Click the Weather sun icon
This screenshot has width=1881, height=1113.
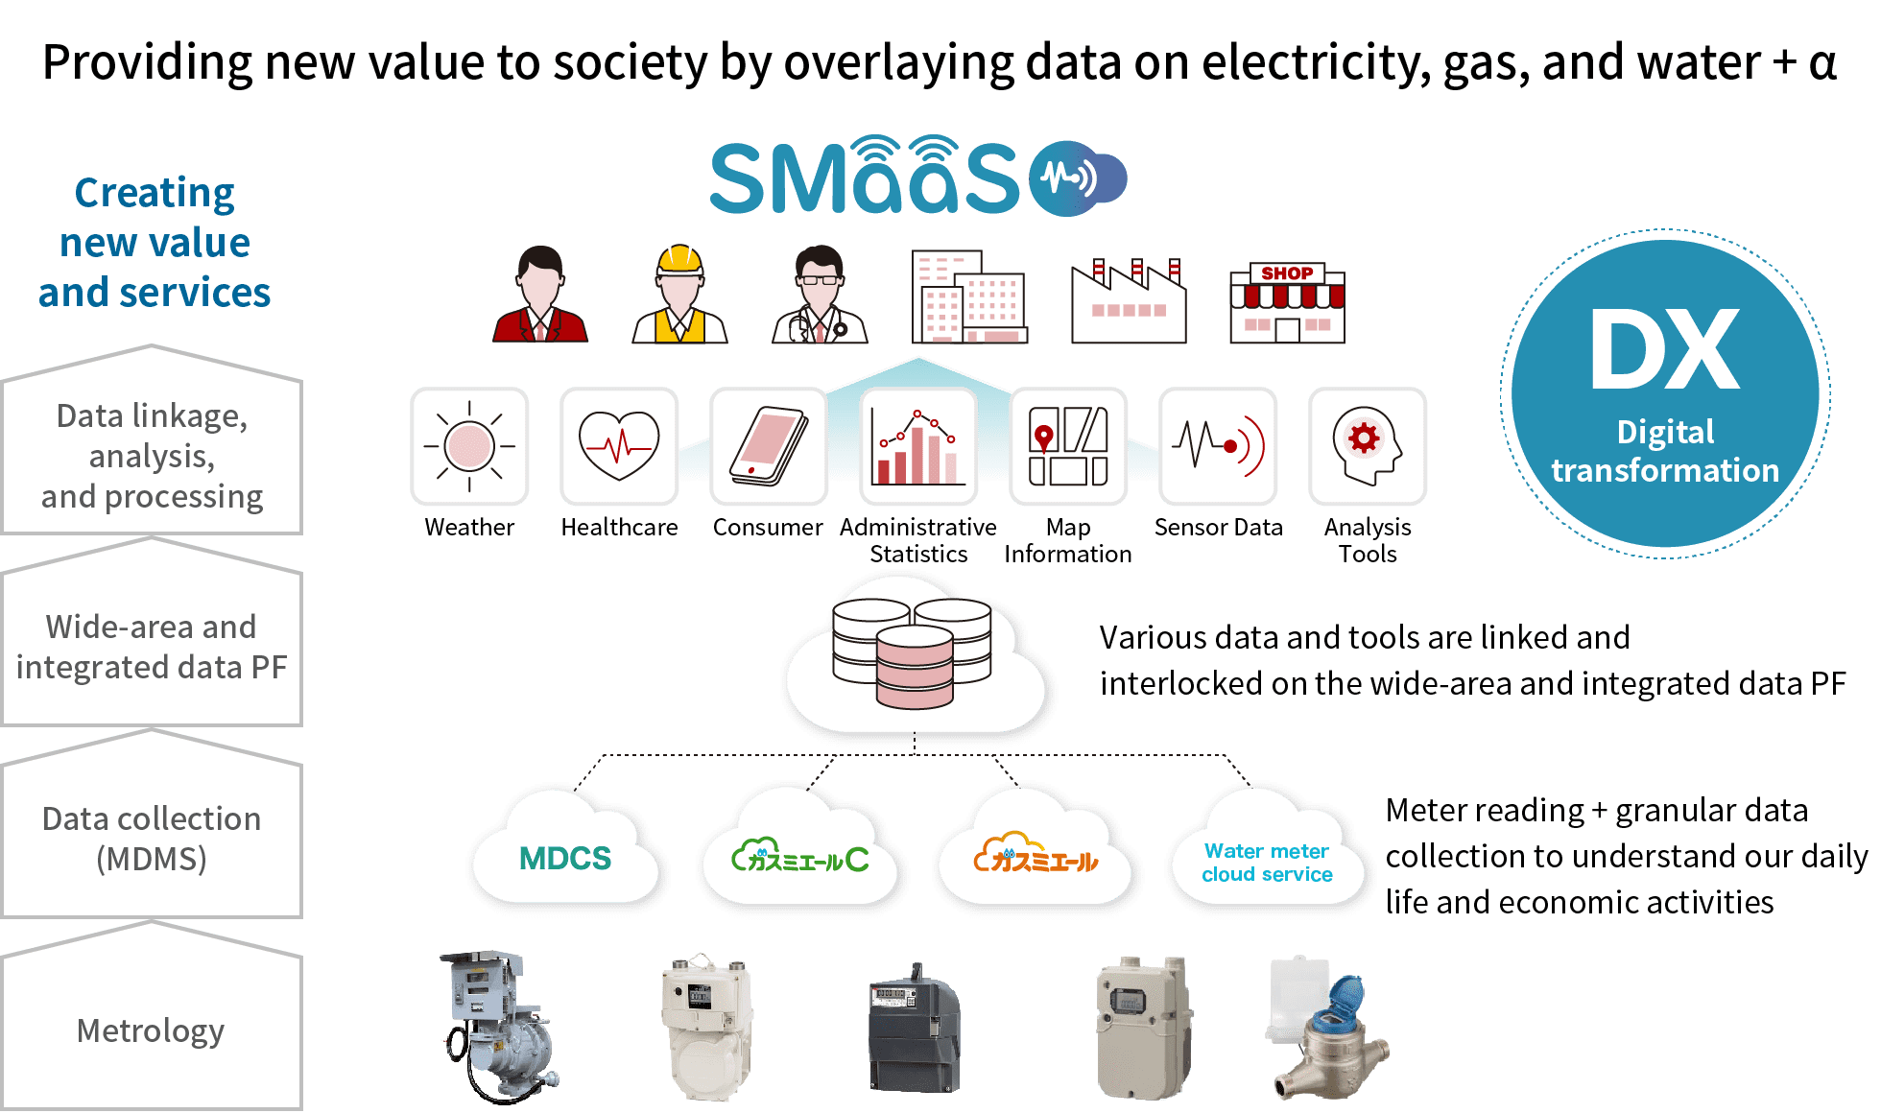(469, 446)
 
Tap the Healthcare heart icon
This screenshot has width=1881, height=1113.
(619, 446)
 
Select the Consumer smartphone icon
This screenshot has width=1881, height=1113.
(769, 446)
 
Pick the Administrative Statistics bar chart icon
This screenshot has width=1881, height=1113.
(918, 446)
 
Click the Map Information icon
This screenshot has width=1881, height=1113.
(1068, 446)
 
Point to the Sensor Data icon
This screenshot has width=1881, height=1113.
(1218, 446)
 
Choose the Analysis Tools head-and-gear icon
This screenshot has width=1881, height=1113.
(1368, 446)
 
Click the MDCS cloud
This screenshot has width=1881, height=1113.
(565, 855)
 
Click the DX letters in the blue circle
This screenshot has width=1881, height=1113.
(1664, 351)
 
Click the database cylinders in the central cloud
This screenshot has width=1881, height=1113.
(912, 652)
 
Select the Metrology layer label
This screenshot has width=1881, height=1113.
(151, 1030)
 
